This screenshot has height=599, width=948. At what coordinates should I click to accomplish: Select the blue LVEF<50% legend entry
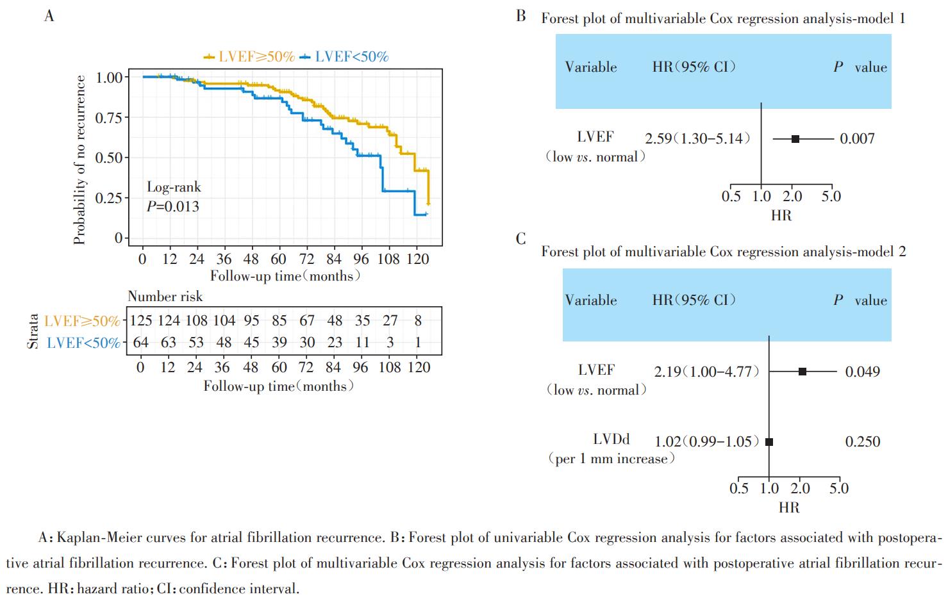pyautogui.click(x=345, y=57)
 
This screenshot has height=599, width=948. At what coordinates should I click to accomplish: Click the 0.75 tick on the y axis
pyautogui.click(x=108, y=118)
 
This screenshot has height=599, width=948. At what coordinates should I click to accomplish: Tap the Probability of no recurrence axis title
pyautogui.click(x=79, y=160)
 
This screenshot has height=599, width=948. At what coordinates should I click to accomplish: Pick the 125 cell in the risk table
pyautogui.click(x=141, y=320)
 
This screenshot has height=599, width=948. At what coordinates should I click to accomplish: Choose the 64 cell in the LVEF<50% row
pyautogui.click(x=141, y=342)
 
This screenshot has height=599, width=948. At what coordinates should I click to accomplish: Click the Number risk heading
pyautogui.click(x=165, y=296)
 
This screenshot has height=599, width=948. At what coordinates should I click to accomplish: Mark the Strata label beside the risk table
pyautogui.click(x=33, y=331)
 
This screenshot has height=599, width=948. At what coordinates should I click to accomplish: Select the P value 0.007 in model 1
pyautogui.click(x=857, y=138)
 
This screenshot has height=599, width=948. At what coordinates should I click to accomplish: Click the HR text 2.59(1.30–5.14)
pyautogui.click(x=697, y=138)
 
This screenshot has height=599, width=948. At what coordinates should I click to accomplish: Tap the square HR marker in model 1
pyautogui.click(x=795, y=138)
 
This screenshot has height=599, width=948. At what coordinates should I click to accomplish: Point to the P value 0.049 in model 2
pyautogui.click(x=862, y=372)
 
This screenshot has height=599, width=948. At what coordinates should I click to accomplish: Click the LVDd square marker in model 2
pyautogui.click(x=769, y=441)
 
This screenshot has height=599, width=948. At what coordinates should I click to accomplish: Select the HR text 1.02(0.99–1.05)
pyautogui.click(x=706, y=441)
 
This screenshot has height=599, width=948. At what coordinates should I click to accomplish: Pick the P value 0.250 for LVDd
pyautogui.click(x=862, y=441)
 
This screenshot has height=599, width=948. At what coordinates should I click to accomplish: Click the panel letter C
pyautogui.click(x=520, y=239)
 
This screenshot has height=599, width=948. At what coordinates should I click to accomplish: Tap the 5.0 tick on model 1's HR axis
pyautogui.click(x=831, y=196)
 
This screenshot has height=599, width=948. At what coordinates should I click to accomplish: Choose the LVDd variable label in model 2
pyautogui.click(x=611, y=439)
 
